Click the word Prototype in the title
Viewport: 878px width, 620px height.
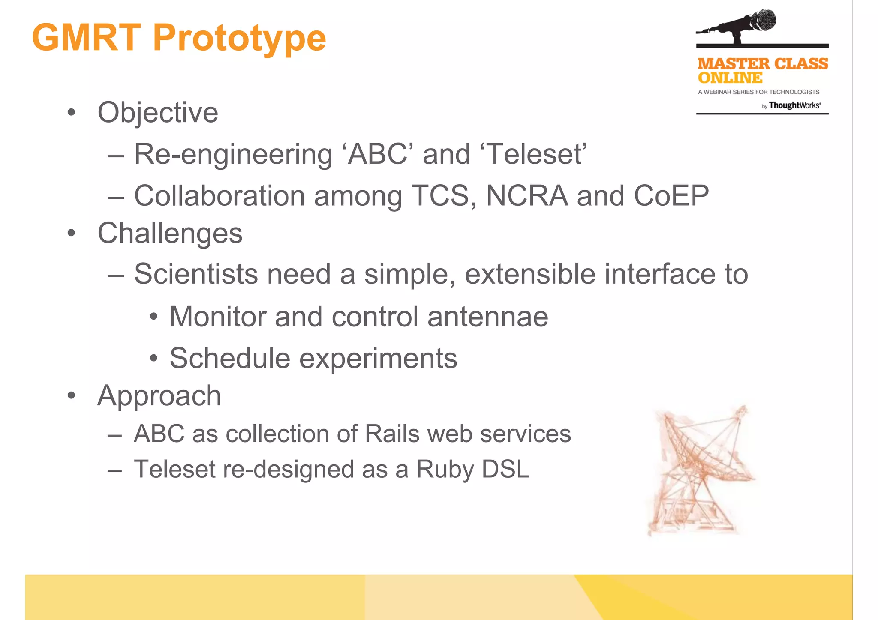(x=239, y=39)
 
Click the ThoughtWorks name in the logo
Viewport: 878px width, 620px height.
(x=794, y=105)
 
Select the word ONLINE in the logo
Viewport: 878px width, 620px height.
(x=730, y=78)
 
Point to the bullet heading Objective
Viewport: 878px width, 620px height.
(x=158, y=113)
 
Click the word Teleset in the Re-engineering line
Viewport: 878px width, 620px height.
(x=536, y=154)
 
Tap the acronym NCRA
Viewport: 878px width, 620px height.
(x=527, y=196)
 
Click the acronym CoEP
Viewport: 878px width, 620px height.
(x=671, y=196)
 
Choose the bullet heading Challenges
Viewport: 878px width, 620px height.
(x=170, y=234)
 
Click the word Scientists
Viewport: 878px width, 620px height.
(x=196, y=274)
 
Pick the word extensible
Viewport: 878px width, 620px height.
(x=530, y=274)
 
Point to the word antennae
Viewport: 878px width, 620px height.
(x=487, y=317)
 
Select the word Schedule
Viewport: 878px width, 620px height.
(x=230, y=358)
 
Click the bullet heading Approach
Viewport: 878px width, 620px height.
(x=159, y=396)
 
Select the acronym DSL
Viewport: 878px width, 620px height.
(x=505, y=469)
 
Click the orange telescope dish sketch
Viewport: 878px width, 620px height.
(x=701, y=469)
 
